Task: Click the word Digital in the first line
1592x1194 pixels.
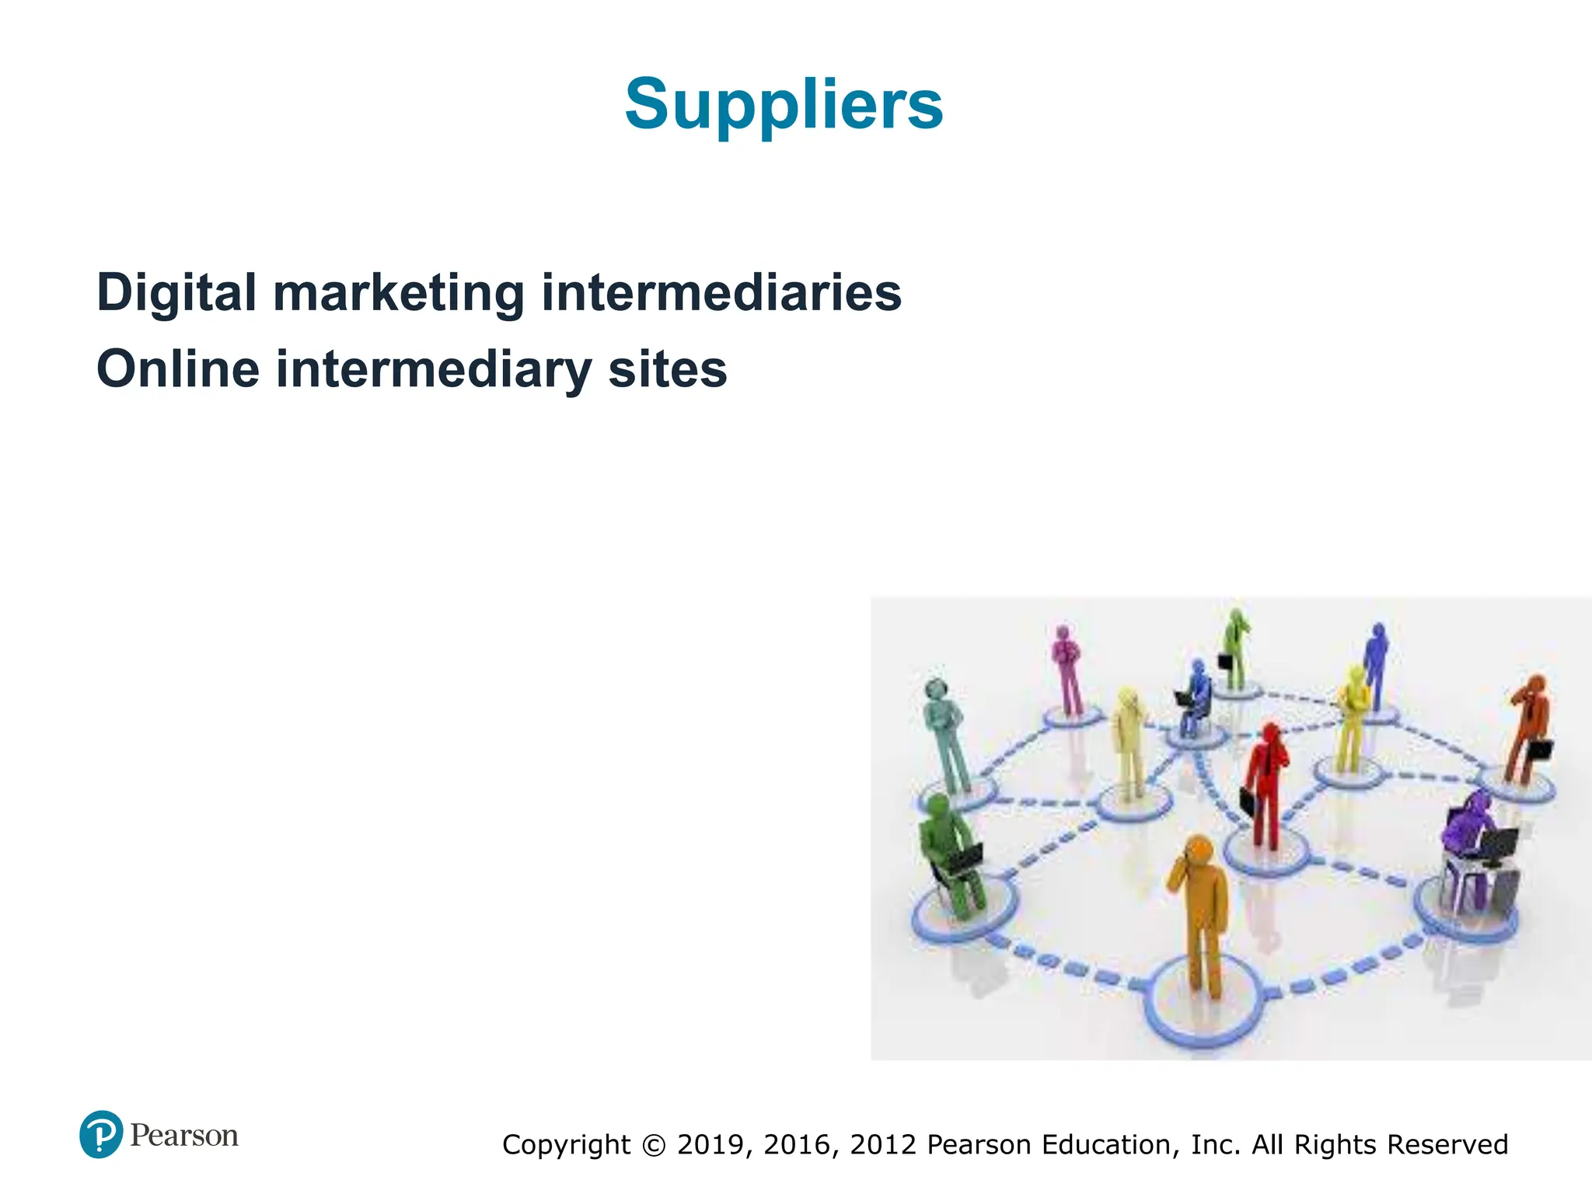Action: (176, 293)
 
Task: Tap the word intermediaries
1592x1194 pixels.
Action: (721, 293)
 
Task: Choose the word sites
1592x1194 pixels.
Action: (668, 369)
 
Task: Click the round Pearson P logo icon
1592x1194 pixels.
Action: (101, 1134)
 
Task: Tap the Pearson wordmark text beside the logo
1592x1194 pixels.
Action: (184, 1136)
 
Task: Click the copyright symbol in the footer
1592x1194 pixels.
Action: (655, 1145)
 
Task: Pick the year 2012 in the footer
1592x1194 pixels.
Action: (884, 1145)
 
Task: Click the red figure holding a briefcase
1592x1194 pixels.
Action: (1265, 785)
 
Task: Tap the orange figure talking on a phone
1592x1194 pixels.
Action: (1200, 909)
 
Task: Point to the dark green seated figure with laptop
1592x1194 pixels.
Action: (947, 855)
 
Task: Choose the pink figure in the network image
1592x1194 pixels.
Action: (1067, 669)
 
